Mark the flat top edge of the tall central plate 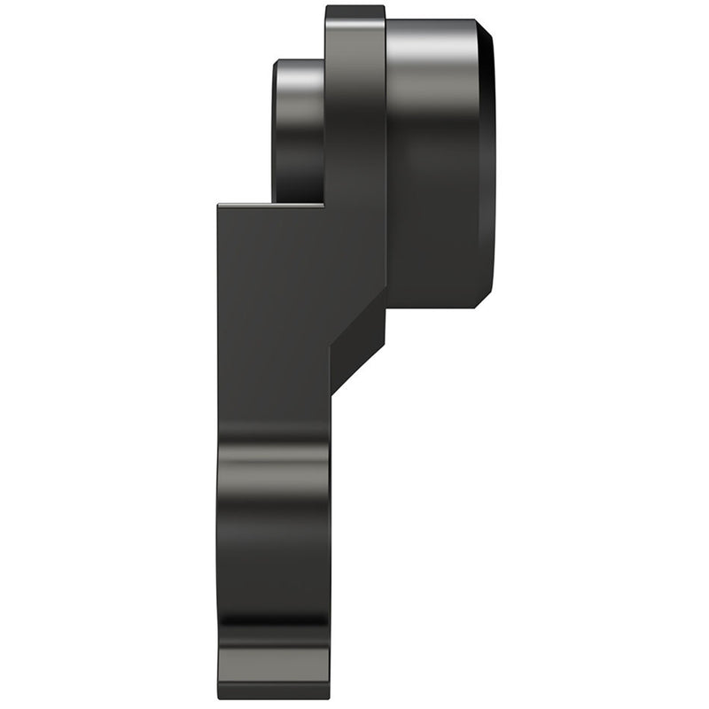coord(354,7)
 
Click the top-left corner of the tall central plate coord(327,8)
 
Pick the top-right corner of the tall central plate coord(384,8)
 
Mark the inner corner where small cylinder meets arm coord(323,204)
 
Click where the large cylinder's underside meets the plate coord(387,306)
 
